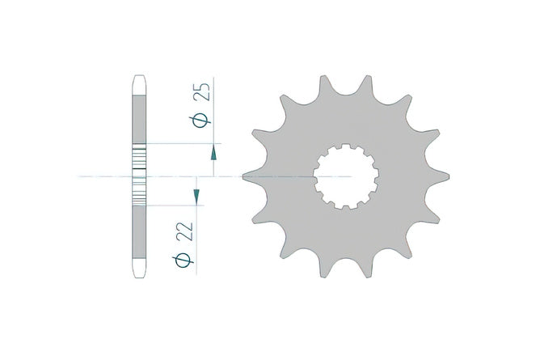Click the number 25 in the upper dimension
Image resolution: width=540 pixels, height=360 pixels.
point(202,92)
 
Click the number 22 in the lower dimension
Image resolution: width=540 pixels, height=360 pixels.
point(184,231)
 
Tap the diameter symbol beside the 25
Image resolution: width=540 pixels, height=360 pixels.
point(200,121)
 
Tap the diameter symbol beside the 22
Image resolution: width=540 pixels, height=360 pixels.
point(183,260)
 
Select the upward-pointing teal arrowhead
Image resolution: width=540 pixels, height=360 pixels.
point(213,153)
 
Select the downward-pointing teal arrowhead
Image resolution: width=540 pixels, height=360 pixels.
point(196,197)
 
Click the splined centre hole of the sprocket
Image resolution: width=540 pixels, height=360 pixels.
point(346,176)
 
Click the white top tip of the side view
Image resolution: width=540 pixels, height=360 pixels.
point(139,85)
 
